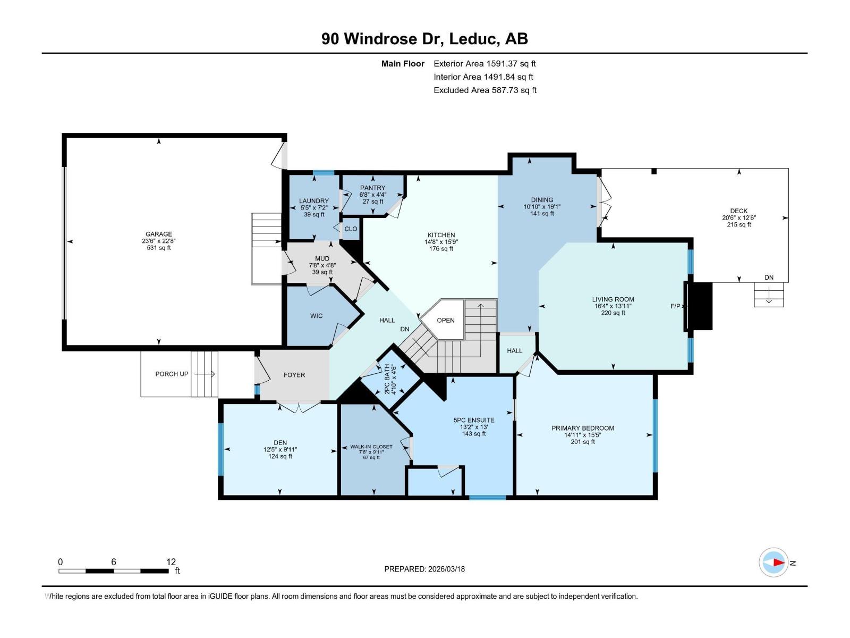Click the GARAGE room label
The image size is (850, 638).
point(158,234)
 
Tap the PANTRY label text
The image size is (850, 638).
point(372,188)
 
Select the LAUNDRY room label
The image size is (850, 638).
point(313,201)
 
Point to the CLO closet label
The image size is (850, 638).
point(351,229)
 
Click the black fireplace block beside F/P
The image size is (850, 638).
point(700,306)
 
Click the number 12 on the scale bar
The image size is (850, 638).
point(171,561)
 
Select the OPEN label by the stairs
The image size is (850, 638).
point(446,321)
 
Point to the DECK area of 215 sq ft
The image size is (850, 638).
point(739,225)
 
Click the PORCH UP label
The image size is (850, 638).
point(172,374)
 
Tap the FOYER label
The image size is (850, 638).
point(294,375)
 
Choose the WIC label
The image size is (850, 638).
point(317,316)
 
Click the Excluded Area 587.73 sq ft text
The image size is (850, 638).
point(485,90)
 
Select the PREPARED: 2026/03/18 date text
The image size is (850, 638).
point(424,569)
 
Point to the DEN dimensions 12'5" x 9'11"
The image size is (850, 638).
point(280,450)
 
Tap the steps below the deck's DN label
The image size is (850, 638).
point(769,295)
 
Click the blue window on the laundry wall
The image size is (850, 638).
point(324,173)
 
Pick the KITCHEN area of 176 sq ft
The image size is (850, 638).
point(441,249)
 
